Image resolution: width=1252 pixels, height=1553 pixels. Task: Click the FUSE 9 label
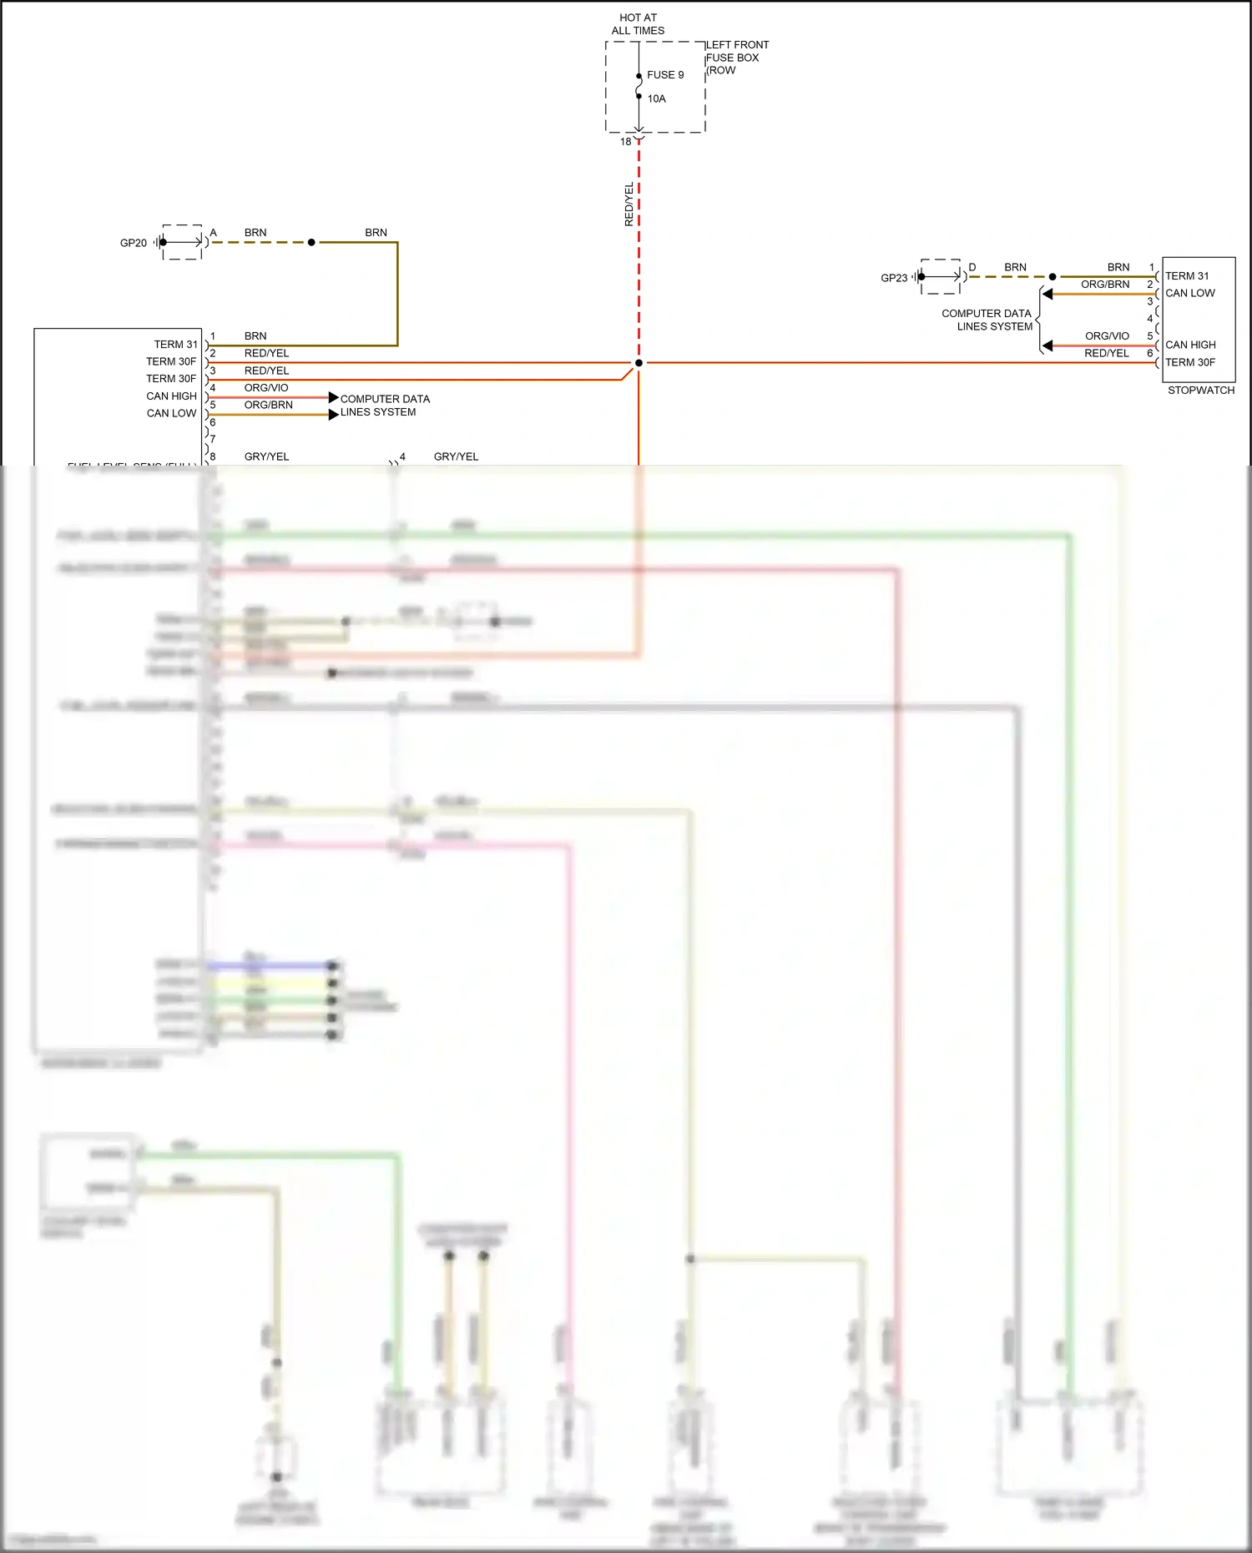pyautogui.click(x=665, y=75)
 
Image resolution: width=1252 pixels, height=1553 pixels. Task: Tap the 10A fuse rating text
pyautogui.click(x=657, y=98)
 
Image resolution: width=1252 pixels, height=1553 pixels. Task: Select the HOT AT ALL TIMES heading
pyautogui.click(x=638, y=24)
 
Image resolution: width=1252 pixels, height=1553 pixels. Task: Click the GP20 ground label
pyautogui.click(x=133, y=243)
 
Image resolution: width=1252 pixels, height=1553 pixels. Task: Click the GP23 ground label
pyautogui.click(x=894, y=278)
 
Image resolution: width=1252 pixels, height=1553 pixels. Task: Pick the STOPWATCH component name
pyautogui.click(x=1200, y=390)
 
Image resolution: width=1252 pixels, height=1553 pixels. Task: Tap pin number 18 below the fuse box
pyautogui.click(x=625, y=142)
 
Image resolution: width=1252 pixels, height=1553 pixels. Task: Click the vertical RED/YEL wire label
pyautogui.click(x=629, y=204)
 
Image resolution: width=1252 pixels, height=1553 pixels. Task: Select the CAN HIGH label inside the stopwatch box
pyautogui.click(x=1190, y=345)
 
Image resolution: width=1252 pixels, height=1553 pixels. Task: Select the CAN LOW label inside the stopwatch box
pyautogui.click(x=1189, y=293)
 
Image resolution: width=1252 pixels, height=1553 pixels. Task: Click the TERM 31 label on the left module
pyautogui.click(x=175, y=345)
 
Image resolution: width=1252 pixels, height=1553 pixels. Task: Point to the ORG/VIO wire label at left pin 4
pyautogui.click(x=266, y=388)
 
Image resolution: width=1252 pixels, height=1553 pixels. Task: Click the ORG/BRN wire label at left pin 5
pyautogui.click(x=268, y=405)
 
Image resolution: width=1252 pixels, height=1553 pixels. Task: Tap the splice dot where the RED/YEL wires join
pyautogui.click(x=639, y=363)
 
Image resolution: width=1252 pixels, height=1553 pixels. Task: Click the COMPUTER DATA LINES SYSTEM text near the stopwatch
pyautogui.click(x=987, y=320)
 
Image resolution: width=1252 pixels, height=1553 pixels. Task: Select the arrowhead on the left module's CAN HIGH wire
pyautogui.click(x=333, y=397)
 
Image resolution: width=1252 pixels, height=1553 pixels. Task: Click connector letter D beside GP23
pyautogui.click(x=972, y=267)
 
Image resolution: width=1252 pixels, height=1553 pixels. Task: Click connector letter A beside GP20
pyautogui.click(x=214, y=233)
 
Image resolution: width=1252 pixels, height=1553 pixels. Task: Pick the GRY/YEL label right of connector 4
pyautogui.click(x=456, y=456)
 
